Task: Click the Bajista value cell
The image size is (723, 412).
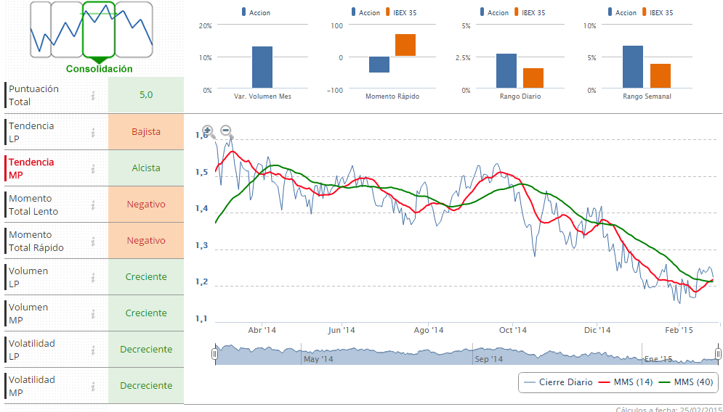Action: point(146,132)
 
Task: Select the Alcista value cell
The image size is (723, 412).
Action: point(146,168)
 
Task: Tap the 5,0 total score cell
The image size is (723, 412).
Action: point(146,95)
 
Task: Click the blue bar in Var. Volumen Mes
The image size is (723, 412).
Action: point(262,67)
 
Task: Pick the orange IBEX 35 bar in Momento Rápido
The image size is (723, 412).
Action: point(405,45)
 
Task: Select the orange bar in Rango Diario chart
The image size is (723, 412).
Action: point(533,78)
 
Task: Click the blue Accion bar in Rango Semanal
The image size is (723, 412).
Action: point(633,67)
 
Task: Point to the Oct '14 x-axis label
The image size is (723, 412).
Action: point(512,330)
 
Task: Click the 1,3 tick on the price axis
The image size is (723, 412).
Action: point(202,246)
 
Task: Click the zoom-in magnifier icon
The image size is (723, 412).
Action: point(208,131)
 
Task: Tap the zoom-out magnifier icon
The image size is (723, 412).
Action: point(226,131)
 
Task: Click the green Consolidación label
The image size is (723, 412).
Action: point(100,69)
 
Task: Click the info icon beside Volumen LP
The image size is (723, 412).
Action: point(93,277)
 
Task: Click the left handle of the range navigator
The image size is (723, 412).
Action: point(214,354)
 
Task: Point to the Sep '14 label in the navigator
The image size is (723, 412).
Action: point(488,359)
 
